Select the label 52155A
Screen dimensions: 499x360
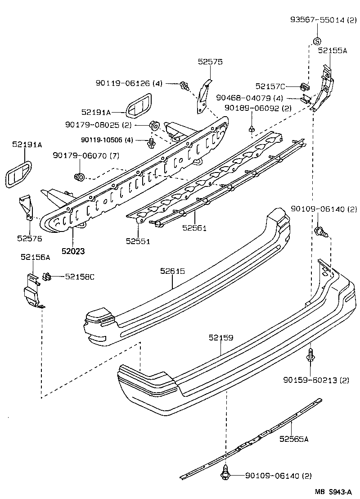[333, 51]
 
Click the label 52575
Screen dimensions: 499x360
[210, 62]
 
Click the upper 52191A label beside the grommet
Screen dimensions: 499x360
[96, 112]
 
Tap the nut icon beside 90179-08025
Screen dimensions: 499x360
[153, 125]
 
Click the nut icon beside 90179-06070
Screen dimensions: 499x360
[80, 176]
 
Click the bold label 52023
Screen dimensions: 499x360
[73, 251]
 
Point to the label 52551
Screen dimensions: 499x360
[138, 241]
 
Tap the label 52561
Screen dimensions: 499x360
[194, 228]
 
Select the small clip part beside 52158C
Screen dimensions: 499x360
[46, 276]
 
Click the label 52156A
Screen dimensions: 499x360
[35, 257]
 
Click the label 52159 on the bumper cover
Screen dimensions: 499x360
[221, 337]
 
